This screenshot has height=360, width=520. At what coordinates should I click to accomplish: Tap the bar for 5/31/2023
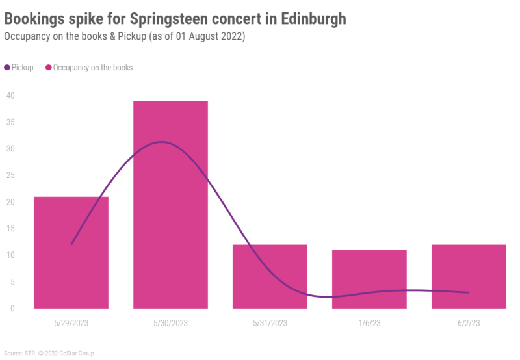[270, 276]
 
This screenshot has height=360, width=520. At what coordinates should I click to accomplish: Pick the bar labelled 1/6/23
[369, 279]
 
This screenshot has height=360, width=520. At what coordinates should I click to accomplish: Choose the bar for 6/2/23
[469, 276]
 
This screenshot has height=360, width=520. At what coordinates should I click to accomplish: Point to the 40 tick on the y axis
[11, 96]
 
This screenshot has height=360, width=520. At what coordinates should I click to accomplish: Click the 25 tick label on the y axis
[11, 175]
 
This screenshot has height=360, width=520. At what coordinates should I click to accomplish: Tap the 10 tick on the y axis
[11, 255]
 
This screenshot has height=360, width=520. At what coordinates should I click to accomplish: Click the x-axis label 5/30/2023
[170, 323]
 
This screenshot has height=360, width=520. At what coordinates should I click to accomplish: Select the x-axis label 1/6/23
[369, 323]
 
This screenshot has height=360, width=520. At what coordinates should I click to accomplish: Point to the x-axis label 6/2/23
[469, 323]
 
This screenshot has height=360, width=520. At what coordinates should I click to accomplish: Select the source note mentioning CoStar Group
[49, 354]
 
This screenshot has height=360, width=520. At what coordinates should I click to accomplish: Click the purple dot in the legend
[7, 68]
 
